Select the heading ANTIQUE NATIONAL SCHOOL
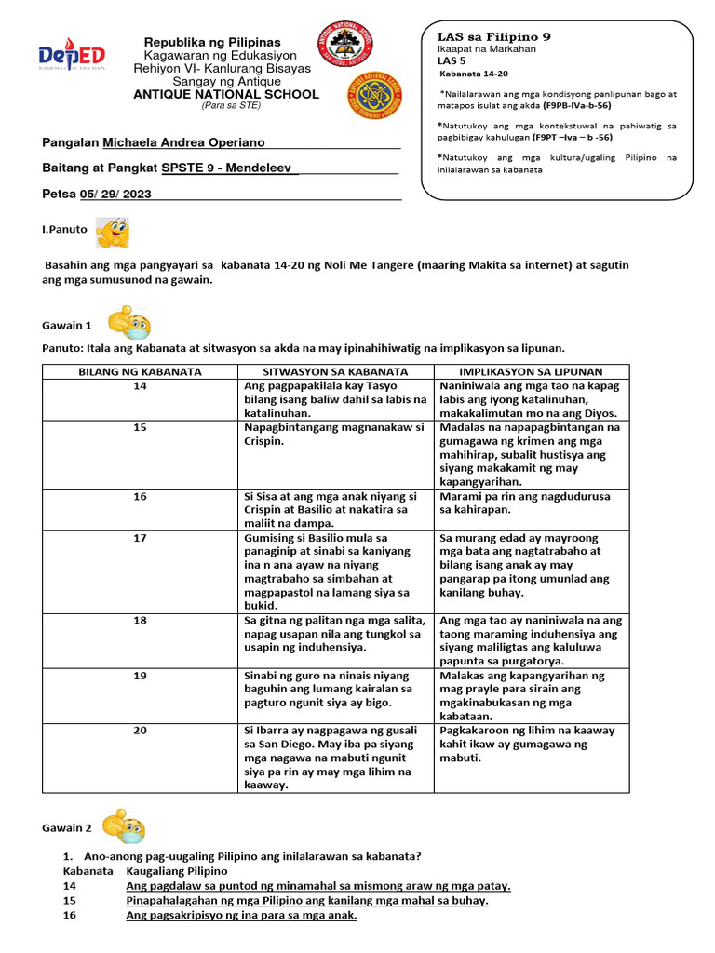coord(226,94)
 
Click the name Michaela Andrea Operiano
coord(183,142)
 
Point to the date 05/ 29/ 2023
coord(115,194)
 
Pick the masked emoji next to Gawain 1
coord(129,323)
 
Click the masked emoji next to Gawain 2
coord(125,826)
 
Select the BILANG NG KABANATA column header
coord(140,371)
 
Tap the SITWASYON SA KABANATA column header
coord(334,371)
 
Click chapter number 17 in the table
coord(140,538)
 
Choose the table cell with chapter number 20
coord(140,731)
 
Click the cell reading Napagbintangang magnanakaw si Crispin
coord(333,434)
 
